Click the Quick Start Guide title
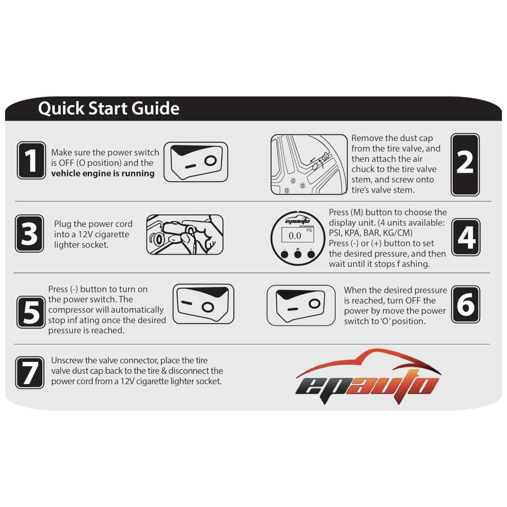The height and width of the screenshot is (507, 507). tap(108, 108)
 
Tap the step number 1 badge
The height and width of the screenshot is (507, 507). tap(31, 160)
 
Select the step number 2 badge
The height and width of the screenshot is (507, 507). tap(465, 165)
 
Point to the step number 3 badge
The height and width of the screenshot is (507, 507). tap(29, 233)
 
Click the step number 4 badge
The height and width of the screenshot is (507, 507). tap(466, 237)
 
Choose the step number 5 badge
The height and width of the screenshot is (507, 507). tap(31, 312)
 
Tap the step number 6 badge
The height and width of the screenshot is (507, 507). tap(465, 304)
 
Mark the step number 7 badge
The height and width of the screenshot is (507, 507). tap(30, 373)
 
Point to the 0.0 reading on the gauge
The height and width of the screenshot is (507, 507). tap(295, 236)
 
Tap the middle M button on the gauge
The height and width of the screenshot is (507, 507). tap(298, 254)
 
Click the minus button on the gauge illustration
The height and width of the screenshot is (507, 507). tap(284, 254)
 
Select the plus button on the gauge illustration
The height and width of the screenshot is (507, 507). tap(311, 254)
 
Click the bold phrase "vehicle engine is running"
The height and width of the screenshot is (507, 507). tap(103, 173)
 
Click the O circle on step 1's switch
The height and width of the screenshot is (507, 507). tap(210, 160)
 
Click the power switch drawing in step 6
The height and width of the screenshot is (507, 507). tap(301, 305)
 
